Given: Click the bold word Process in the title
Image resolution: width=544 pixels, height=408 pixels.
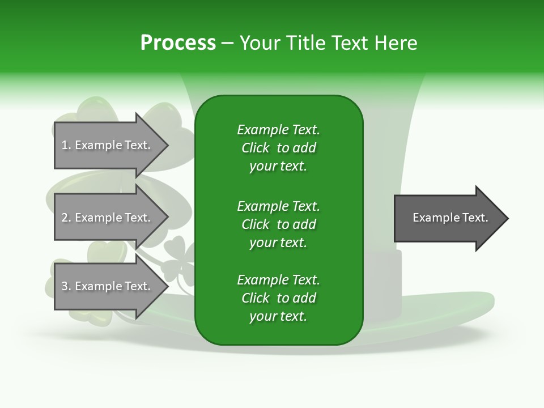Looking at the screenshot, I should [x=178, y=43].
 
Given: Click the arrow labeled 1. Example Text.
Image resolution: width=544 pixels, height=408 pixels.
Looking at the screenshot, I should [x=108, y=145].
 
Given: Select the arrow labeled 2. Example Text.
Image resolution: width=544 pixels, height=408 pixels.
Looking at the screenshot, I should [x=108, y=218].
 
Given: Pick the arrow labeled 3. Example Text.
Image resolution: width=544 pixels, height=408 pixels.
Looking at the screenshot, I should [x=108, y=286].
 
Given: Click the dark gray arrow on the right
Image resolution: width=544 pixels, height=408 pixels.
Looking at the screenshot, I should [x=448, y=218].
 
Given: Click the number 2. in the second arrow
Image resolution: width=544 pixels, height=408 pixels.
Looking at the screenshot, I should [x=66, y=218].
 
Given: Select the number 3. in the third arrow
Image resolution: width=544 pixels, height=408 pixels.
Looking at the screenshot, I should [x=66, y=286].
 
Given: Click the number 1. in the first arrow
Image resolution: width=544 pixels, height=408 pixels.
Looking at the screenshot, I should [x=66, y=145].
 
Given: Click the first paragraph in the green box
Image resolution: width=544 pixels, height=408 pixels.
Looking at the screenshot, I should [x=278, y=148].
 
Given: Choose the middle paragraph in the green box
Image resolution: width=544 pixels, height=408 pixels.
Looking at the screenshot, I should [x=278, y=224].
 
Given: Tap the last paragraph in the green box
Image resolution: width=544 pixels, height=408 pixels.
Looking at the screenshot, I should [x=278, y=298].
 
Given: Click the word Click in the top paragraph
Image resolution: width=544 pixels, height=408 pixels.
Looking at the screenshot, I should [x=256, y=148].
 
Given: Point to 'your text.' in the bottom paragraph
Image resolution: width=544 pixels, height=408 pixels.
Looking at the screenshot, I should [x=278, y=316].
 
